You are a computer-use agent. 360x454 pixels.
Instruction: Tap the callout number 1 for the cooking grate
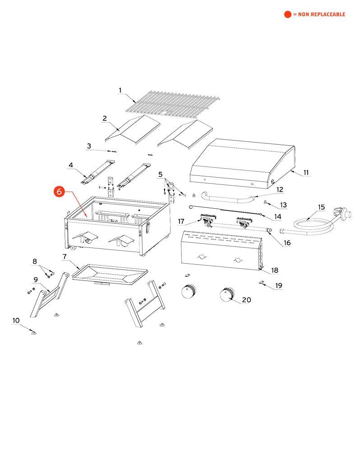pyautogui.click(x=120, y=91)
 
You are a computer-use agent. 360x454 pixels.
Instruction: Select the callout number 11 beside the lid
pyautogui.click(x=306, y=173)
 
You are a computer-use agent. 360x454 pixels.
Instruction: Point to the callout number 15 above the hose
pyautogui.click(x=321, y=207)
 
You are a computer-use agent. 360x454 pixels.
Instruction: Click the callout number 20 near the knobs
pyautogui.click(x=246, y=300)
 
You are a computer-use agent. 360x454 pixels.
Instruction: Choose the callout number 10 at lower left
pyautogui.click(x=16, y=321)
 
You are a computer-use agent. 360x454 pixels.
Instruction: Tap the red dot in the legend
pyautogui.click(x=287, y=14)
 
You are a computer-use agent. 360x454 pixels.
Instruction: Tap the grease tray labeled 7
pyautogui.click(x=110, y=274)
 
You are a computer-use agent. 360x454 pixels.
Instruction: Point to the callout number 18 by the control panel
pyautogui.click(x=274, y=271)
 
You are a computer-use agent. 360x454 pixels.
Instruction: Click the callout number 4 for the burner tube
pyautogui.click(x=71, y=165)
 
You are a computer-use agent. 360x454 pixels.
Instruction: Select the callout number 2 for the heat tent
pyautogui.click(x=104, y=119)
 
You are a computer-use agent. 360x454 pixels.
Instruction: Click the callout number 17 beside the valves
pyautogui.click(x=181, y=221)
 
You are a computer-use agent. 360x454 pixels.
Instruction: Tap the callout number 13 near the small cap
pyautogui.click(x=283, y=205)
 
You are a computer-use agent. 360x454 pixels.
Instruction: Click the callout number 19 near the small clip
pyautogui.click(x=279, y=285)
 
